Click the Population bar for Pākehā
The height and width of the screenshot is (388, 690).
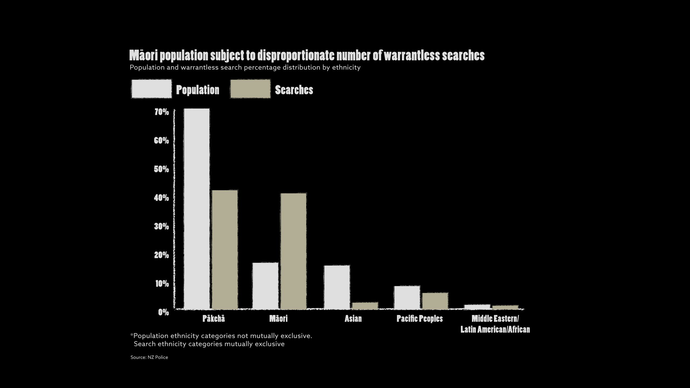click(x=197, y=209)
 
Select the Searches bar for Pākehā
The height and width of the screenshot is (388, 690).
click(x=225, y=250)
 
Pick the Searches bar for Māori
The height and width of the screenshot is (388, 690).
click(x=294, y=251)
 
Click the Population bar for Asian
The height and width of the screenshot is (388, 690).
click(x=337, y=287)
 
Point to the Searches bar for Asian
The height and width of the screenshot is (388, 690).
click(x=365, y=306)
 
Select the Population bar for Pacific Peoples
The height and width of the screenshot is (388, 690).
click(x=407, y=297)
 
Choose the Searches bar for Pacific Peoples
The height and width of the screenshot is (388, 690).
click(x=435, y=301)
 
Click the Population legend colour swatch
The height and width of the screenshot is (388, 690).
click(x=151, y=89)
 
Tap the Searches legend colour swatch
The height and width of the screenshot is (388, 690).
click(x=250, y=89)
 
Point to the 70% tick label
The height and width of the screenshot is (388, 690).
click(x=162, y=112)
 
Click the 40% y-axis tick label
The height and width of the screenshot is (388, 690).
click(x=162, y=198)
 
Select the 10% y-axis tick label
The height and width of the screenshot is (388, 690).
click(x=162, y=283)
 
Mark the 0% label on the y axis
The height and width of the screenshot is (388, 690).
click(x=163, y=312)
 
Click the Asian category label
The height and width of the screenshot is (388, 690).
click(x=353, y=319)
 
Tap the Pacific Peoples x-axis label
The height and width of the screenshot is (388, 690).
click(x=420, y=319)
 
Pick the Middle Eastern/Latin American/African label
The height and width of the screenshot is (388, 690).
click(x=495, y=324)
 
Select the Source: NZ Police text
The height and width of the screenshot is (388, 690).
click(x=149, y=357)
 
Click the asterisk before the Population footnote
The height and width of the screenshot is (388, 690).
click(x=132, y=335)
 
